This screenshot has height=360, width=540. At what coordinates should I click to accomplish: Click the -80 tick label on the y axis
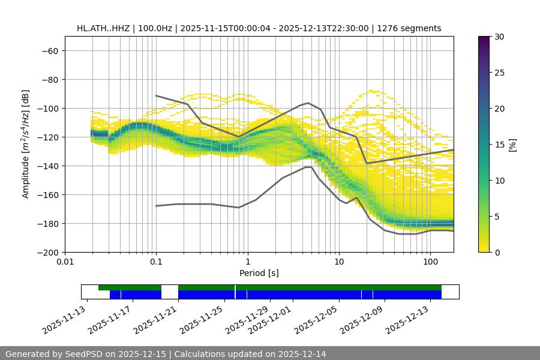click(49, 79)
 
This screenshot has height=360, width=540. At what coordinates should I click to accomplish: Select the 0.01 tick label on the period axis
click(65, 262)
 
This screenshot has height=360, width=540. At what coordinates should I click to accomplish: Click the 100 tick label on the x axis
click(430, 262)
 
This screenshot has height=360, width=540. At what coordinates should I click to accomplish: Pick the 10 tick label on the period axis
click(339, 262)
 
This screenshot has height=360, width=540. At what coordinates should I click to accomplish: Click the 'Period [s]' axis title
click(259, 273)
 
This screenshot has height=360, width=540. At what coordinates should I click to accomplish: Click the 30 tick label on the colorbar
click(499, 37)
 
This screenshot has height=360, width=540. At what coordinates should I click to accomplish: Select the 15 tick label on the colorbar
click(499, 145)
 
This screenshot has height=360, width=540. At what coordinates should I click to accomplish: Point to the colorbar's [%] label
click(512, 145)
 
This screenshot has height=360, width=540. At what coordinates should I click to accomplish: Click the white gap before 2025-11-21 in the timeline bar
click(170, 292)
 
